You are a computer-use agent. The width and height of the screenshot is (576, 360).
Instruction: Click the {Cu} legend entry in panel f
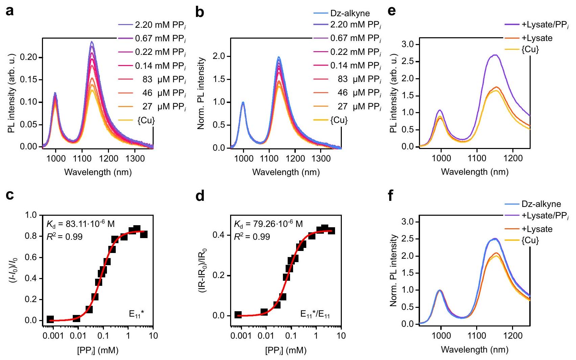point(530,240)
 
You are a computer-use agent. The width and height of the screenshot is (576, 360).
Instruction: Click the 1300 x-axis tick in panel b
point(320,158)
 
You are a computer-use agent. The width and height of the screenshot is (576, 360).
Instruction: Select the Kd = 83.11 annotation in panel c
point(81,224)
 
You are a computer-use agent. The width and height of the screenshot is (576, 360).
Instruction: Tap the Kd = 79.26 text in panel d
point(268,224)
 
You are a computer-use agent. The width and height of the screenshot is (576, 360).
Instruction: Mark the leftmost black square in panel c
point(50,319)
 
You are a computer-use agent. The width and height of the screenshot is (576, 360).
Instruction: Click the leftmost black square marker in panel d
point(238,315)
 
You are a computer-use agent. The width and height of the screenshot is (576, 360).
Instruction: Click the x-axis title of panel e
point(474,172)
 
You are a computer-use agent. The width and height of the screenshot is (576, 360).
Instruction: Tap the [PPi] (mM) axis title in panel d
point(286,350)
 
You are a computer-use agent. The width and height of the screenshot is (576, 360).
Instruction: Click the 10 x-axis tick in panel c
point(153,336)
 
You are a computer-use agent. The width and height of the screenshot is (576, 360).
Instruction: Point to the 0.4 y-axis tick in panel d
point(220,235)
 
